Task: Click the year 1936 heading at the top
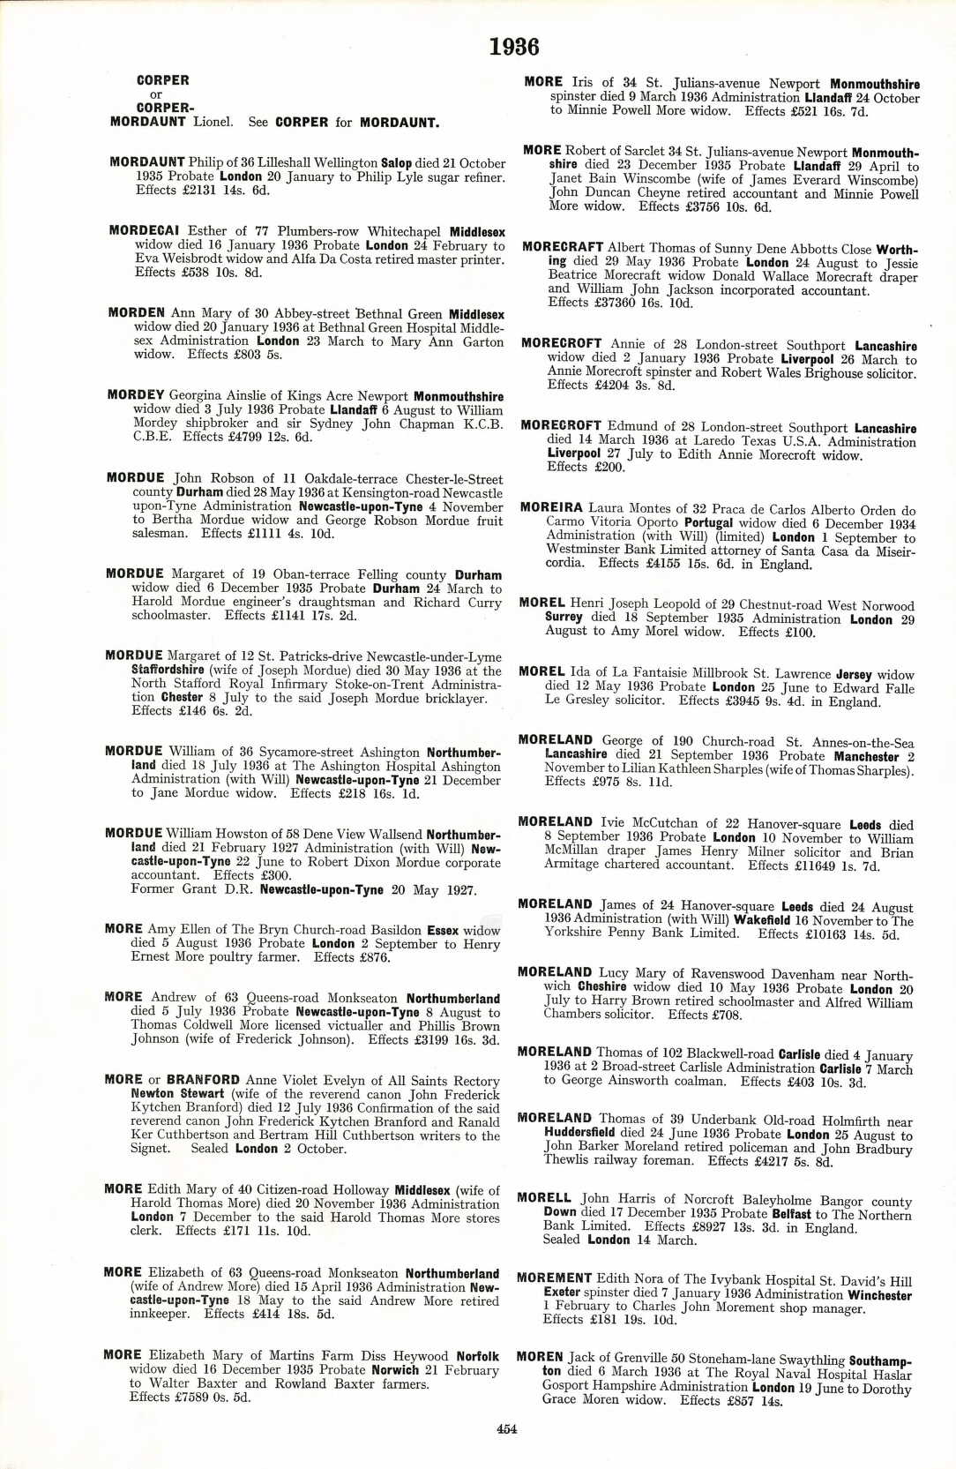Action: click(514, 47)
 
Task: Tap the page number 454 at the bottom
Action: click(506, 1429)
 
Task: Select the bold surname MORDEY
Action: click(136, 395)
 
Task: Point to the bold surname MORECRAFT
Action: click(563, 248)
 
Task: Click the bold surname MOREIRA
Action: click(551, 508)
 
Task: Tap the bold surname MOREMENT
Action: click(554, 1278)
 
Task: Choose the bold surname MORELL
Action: click(544, 1199)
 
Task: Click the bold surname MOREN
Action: click(540, 1358)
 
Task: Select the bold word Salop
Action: click(396, 163)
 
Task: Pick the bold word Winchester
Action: click(879, 1295)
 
